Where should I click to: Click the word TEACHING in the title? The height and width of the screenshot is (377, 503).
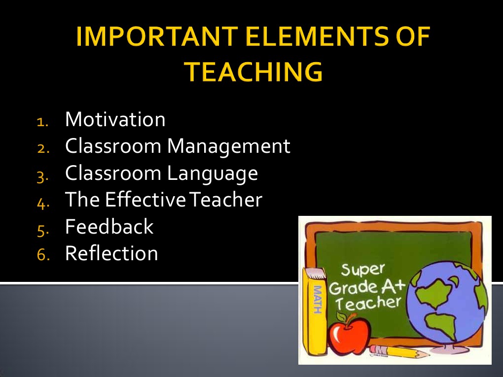pos(254,72)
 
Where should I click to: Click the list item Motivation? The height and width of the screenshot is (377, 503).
pos(115,120)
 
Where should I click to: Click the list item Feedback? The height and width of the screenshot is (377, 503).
pos(109,227)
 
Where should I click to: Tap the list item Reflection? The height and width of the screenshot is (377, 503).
pos(111,253)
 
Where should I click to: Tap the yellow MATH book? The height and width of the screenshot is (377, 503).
pos(316,310)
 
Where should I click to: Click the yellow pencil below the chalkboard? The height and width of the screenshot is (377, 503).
pos(395,351)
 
